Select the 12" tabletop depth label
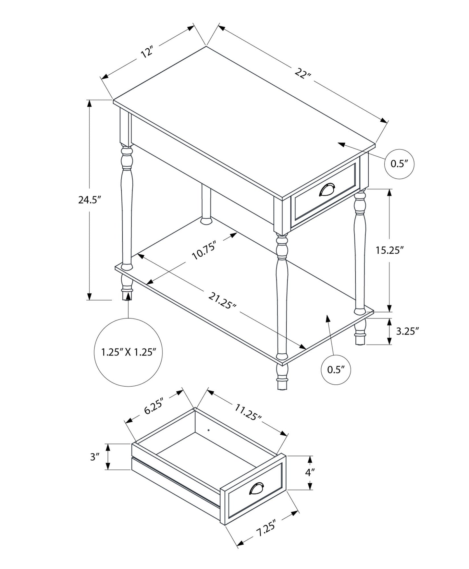147,52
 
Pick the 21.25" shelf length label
222,301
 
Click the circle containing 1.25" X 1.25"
128,352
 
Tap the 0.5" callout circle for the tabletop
399,164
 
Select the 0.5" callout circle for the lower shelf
336,370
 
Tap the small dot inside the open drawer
208,430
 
